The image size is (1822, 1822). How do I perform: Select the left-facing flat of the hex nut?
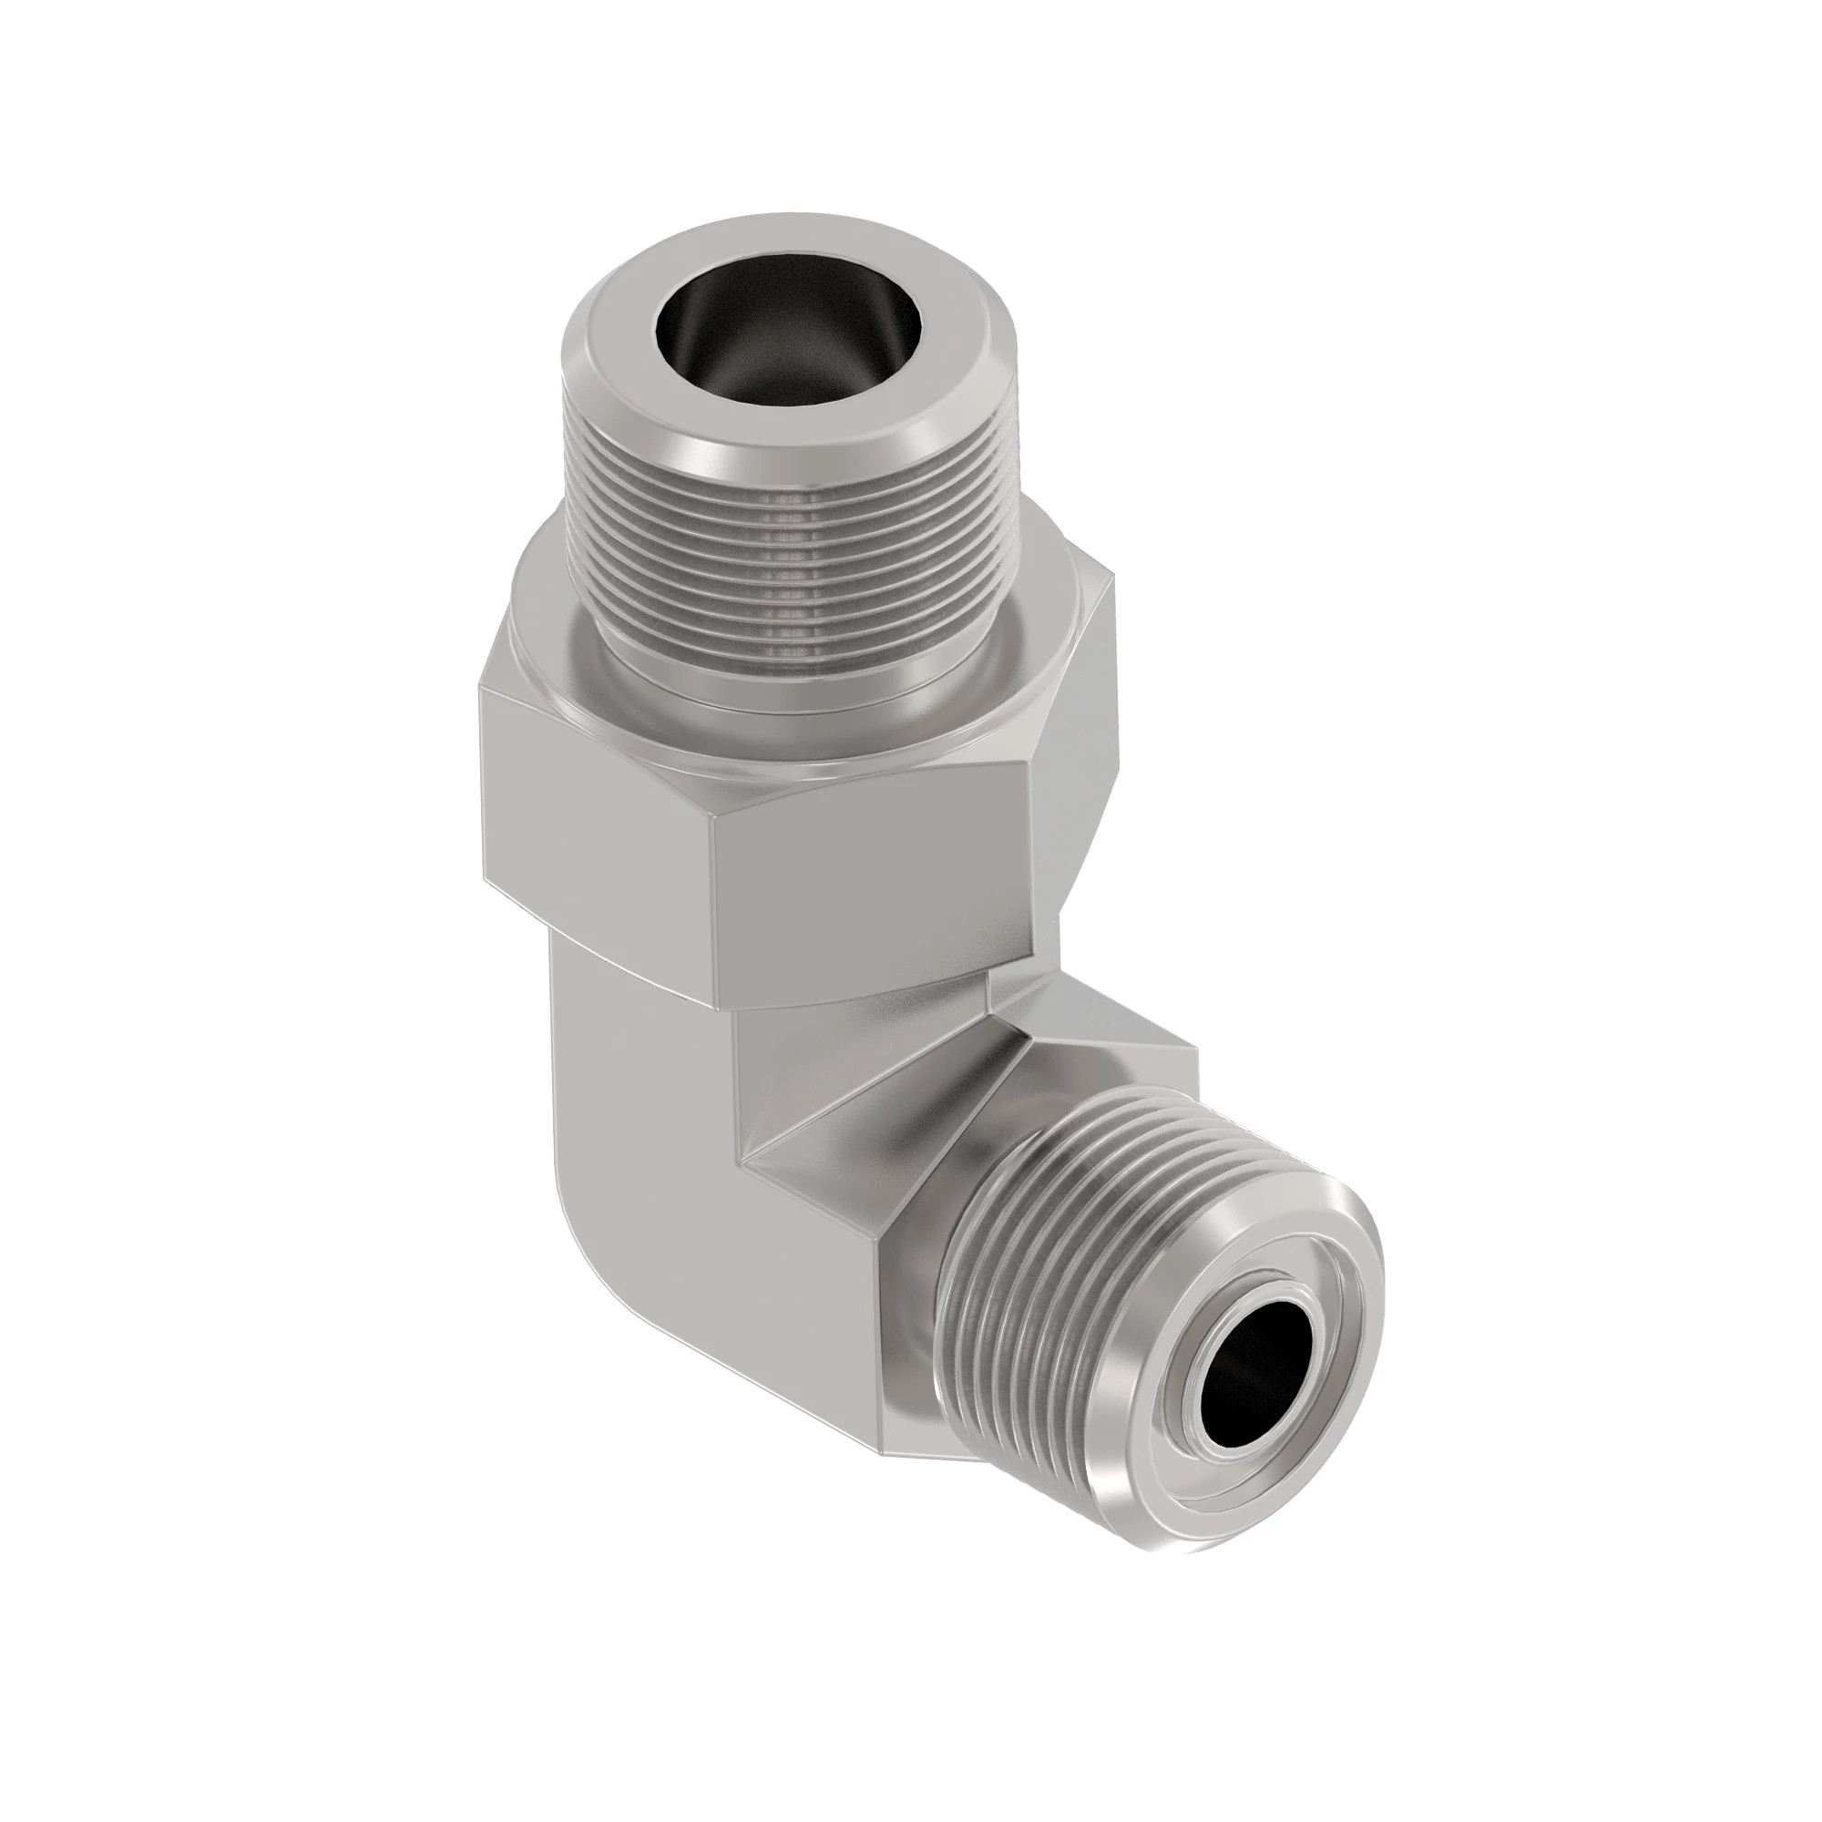point(594,821)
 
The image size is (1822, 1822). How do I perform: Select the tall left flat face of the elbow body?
point(641,1084)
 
